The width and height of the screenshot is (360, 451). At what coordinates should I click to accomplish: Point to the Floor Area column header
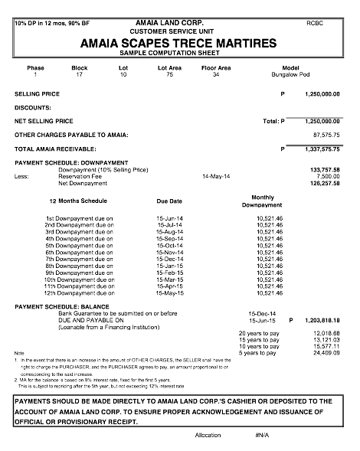coord(216,68)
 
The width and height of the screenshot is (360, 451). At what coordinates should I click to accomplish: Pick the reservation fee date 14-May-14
coord(217,175)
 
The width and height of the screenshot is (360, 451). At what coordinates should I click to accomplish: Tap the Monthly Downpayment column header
coord(262,201)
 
